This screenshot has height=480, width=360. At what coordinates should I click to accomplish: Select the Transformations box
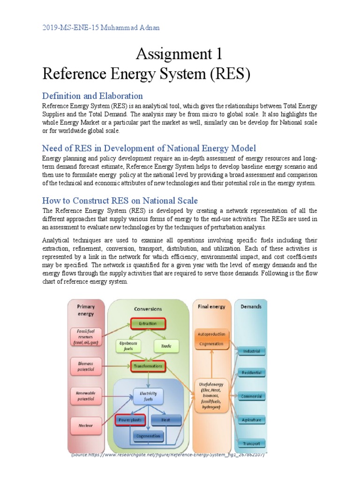coord(148,366)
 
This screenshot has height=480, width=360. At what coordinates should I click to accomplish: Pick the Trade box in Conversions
coord(166,346)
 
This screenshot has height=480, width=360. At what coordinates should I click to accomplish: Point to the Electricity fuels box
coord(148,396)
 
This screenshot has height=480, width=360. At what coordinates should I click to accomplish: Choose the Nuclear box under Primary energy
coord(86,426)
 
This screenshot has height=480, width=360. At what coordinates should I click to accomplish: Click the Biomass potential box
coord(86,366)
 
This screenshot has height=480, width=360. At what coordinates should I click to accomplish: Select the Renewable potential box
coord(86,396)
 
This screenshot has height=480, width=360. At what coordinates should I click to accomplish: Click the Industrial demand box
coord(251,351)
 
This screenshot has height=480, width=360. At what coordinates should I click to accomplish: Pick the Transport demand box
coord(251,443)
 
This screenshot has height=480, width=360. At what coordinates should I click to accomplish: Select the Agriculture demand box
coord(251,420)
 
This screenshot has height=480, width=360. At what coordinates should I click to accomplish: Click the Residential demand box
coord(251,373)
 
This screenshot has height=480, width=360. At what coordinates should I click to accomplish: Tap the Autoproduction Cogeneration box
coord(212,339)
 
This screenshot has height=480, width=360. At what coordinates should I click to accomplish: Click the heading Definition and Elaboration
coord(92,96)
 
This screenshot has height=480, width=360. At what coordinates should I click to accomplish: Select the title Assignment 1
coord(179,55)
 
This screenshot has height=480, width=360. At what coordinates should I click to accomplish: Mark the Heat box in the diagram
coord(166,420)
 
